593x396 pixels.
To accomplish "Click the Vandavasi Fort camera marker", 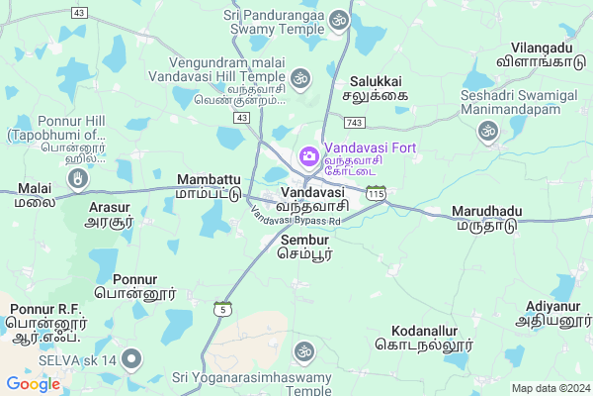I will tap(308, 156).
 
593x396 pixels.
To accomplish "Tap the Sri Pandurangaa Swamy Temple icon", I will tap(339, 19).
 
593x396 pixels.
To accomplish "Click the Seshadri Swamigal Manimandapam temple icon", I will tap(487, 131).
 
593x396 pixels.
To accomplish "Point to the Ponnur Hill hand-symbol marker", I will tap(79, 178).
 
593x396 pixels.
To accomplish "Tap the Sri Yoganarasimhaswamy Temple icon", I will tap(303, 350).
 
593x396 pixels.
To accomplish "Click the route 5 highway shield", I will tap(224, 310).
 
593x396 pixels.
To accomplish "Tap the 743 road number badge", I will tap(355, 121).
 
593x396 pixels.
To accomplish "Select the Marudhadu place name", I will tap(485, 219).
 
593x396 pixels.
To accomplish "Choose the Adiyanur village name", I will tap(551, 314).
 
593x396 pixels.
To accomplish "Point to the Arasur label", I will tap(110, 215).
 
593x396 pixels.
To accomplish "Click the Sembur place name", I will tap(304, 247).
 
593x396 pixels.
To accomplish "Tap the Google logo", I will tap(33, 384).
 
